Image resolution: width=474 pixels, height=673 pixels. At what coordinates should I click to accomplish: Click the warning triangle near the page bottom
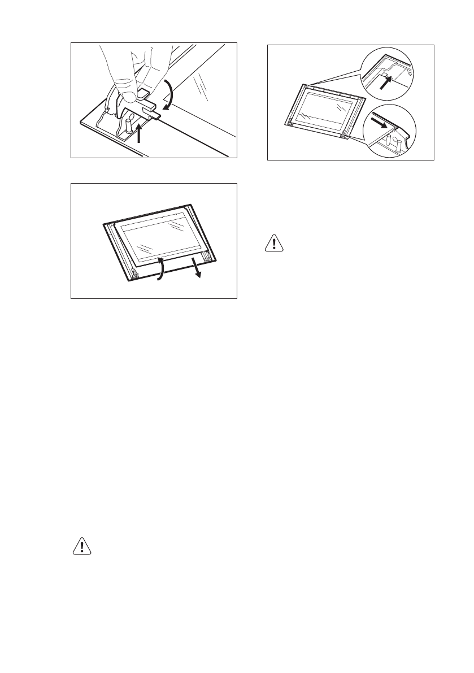point(82,546)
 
